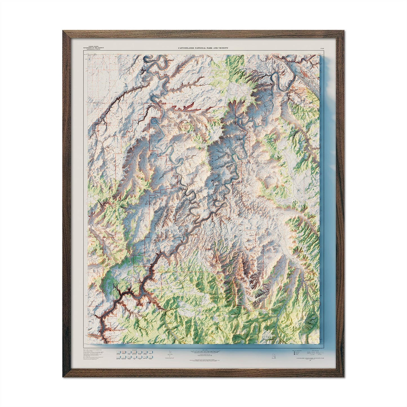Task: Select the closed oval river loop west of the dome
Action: [x=155, y=122]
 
